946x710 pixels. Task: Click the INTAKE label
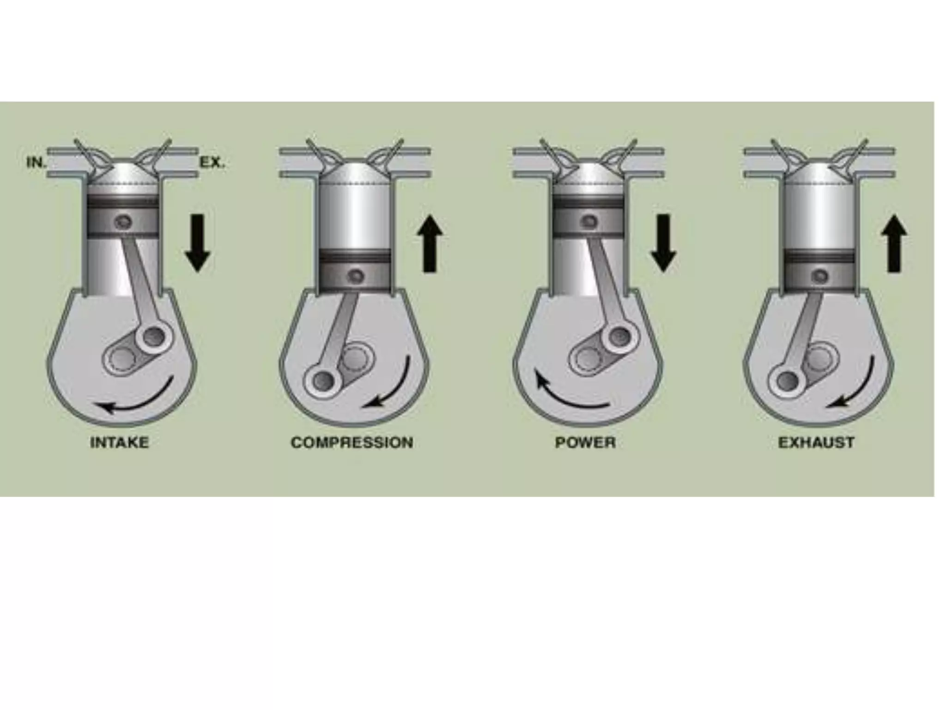(x=119, y=442)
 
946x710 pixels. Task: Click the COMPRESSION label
(x=352, y=442)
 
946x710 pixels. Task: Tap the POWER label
(x=585, y=442)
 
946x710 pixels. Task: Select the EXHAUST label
(x=816, y=442)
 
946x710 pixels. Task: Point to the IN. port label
(x=36, y=163)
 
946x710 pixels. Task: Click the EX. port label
(x=212, y=163)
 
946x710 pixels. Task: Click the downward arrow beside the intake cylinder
(x=198, y=242)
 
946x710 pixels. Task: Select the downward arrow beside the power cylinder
(x=663, y=242)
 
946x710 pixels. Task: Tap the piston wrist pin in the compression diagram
(x=357, y=275)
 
